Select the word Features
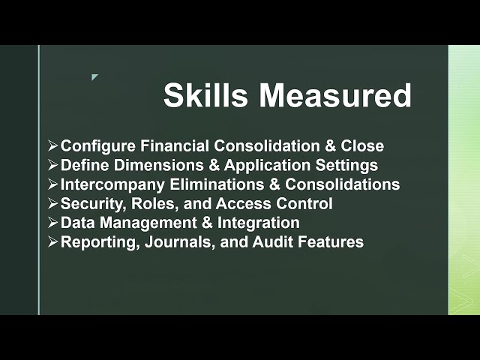(331, 242)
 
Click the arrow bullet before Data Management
(52, 223)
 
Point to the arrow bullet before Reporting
(52, 242)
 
